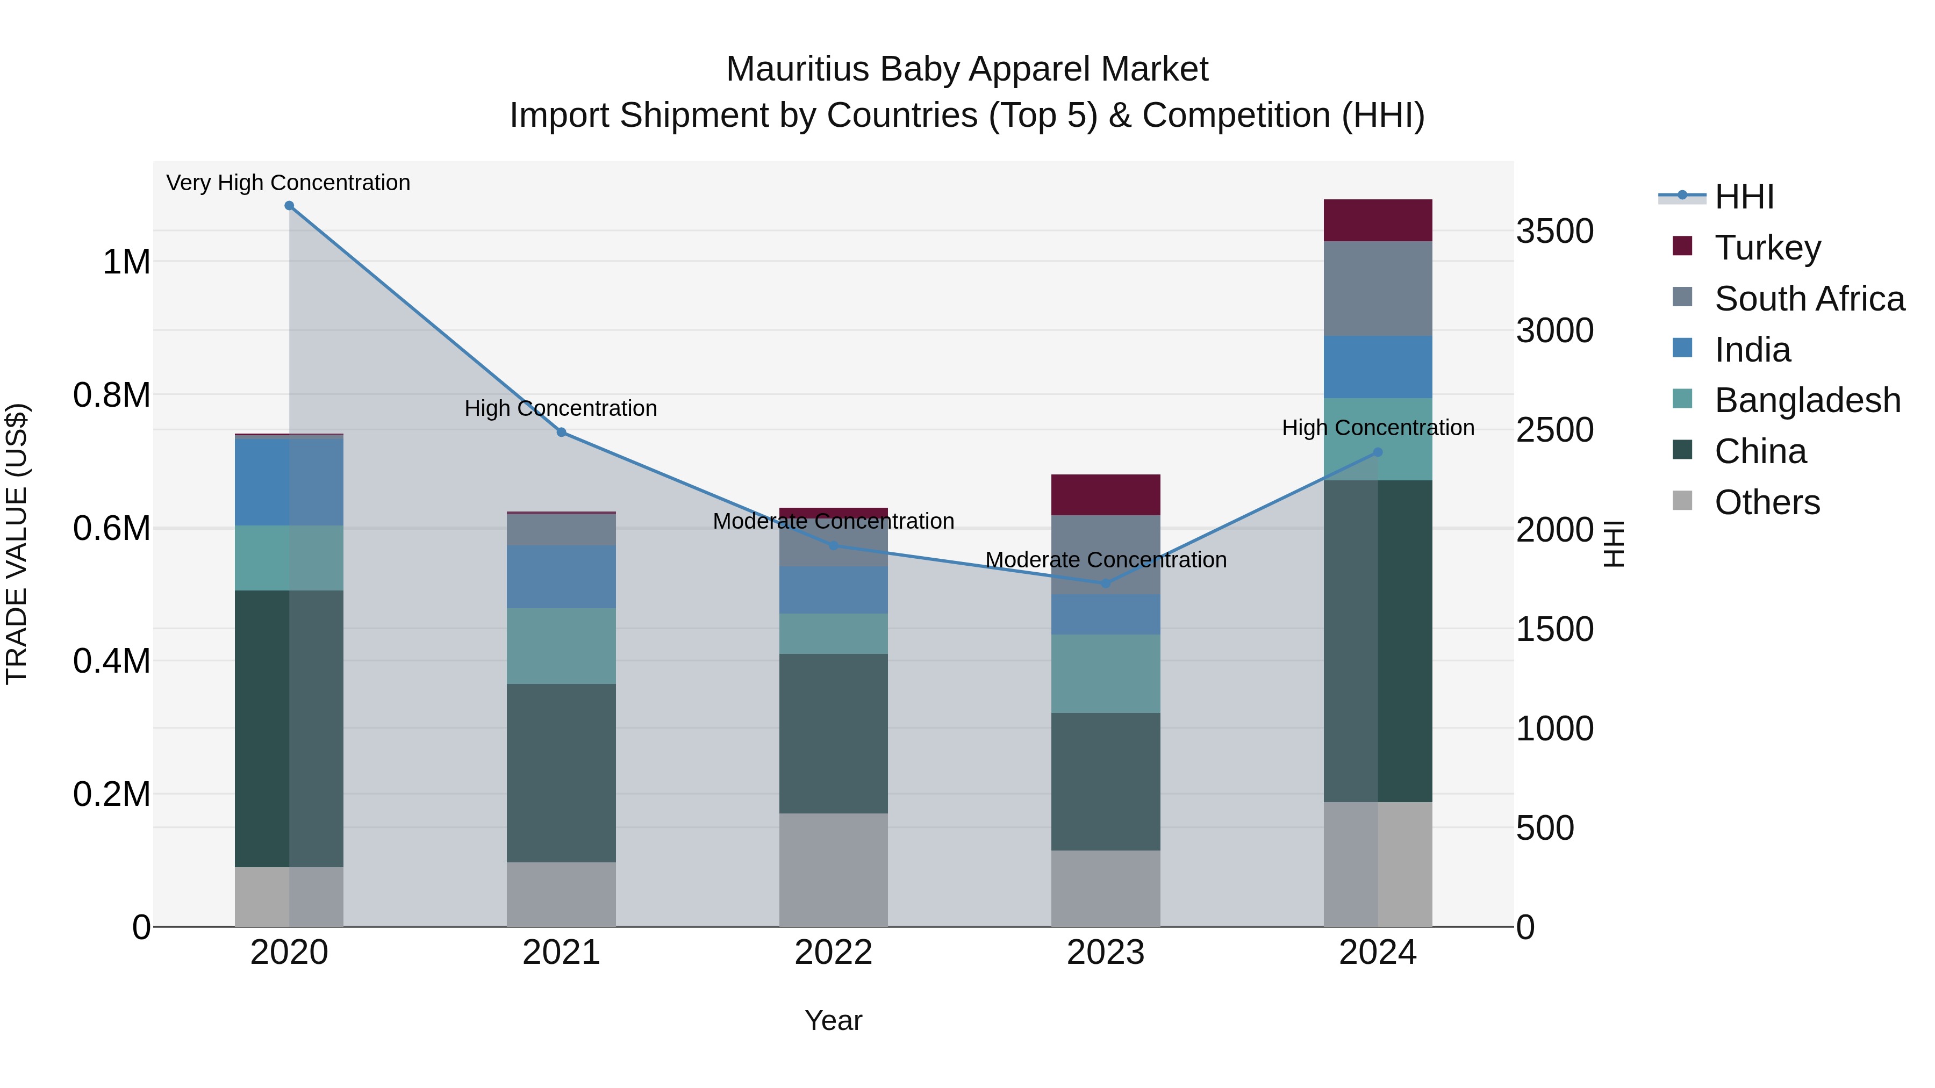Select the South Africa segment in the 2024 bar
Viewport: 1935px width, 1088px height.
[1377, 289]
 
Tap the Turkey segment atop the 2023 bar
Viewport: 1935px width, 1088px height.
[1105, 494]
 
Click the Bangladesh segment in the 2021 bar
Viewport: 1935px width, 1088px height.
[561, 646]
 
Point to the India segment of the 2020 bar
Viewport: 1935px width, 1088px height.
[289, 481]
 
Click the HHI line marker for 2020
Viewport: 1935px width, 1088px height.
[289, 206]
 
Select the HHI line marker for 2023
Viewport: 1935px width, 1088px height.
[1105, 583]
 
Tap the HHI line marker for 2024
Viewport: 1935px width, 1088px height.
[1377, 452]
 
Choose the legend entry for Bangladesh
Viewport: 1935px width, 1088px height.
[1807, 400]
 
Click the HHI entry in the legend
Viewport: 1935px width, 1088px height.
[1744, 197]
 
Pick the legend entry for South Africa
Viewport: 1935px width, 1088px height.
[1809, 299]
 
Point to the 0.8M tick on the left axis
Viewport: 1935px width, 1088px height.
[111, 395]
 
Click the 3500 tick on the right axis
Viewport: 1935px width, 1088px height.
[1554, 230]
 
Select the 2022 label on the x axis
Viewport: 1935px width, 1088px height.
[833, 953]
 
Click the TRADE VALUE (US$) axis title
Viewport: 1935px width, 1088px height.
[17, 544]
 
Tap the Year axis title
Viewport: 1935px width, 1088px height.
[833, 1020]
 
